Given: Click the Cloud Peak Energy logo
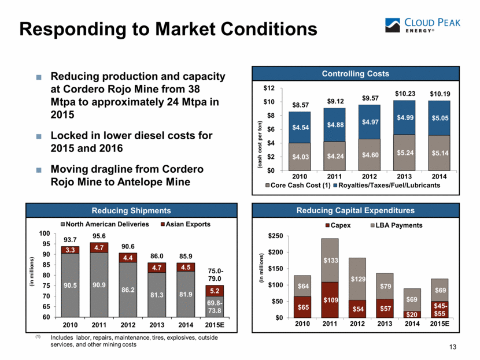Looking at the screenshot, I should (426, 27).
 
